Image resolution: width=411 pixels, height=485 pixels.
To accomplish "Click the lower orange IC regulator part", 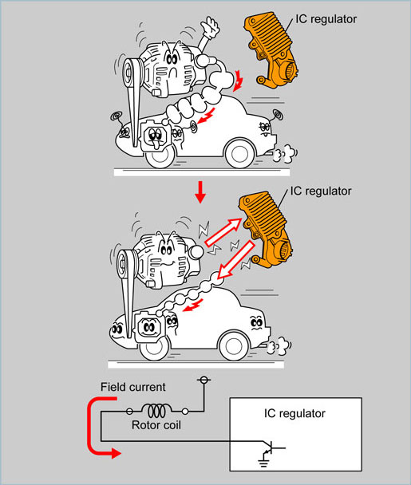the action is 265,229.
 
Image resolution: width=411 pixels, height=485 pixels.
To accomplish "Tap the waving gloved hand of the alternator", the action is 211,27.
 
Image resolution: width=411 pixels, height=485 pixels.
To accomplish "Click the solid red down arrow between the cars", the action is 200,191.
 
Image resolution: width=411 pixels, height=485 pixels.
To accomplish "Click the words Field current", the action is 133,387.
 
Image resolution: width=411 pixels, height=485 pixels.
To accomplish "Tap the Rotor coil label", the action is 156,425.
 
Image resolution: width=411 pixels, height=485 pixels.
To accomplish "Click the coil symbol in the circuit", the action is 156,411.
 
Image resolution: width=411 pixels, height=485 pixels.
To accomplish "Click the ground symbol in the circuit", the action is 263,463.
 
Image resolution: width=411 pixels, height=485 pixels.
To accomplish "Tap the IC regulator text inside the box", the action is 294,413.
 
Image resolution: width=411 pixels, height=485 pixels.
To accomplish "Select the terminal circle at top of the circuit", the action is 204,380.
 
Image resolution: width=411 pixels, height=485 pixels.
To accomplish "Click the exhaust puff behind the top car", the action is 284,154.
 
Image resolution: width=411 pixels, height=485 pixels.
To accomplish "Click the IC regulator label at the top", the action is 326,19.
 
